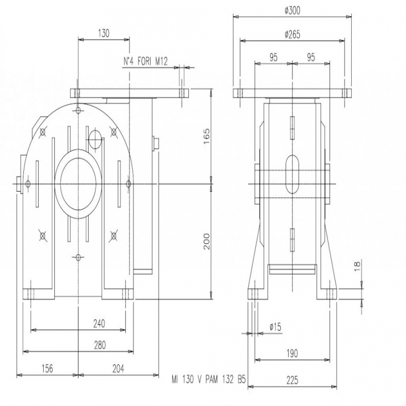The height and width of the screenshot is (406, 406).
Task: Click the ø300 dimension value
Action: (x=292, y=11)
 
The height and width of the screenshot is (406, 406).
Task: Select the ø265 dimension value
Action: (x=292, y=35)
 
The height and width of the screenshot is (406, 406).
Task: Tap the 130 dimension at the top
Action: (x=104, y=33)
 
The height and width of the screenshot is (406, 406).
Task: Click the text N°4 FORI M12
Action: (x=146, y=61)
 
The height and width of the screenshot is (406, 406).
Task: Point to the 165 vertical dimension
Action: (x=207, y=136)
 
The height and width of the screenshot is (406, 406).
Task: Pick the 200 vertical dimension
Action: (x=207, y=242)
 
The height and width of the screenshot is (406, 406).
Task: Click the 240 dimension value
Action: (x=99, y=324)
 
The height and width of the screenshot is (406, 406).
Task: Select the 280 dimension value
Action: (x=99, y=345)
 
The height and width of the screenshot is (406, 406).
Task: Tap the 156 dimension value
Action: (x=47, y=368)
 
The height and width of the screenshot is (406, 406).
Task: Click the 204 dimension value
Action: (x=118, y=368)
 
